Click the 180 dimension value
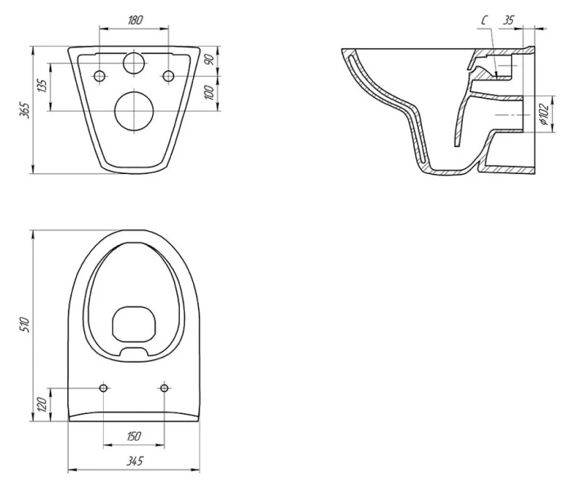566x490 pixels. [x=135, y=20]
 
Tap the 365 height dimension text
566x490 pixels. [x=25, y=110]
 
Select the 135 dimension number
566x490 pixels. [x=43, y=86]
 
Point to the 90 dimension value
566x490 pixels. [x=209, y=59]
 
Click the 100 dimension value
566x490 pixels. [x=209, y=92]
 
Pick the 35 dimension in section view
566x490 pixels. [x=508, y=20]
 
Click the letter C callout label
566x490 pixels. [x=484, y=20]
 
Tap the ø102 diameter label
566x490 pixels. [x=545, y=114]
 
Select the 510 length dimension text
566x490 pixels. [x=25, y=324]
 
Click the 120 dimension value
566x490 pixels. [x=43, y=404]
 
